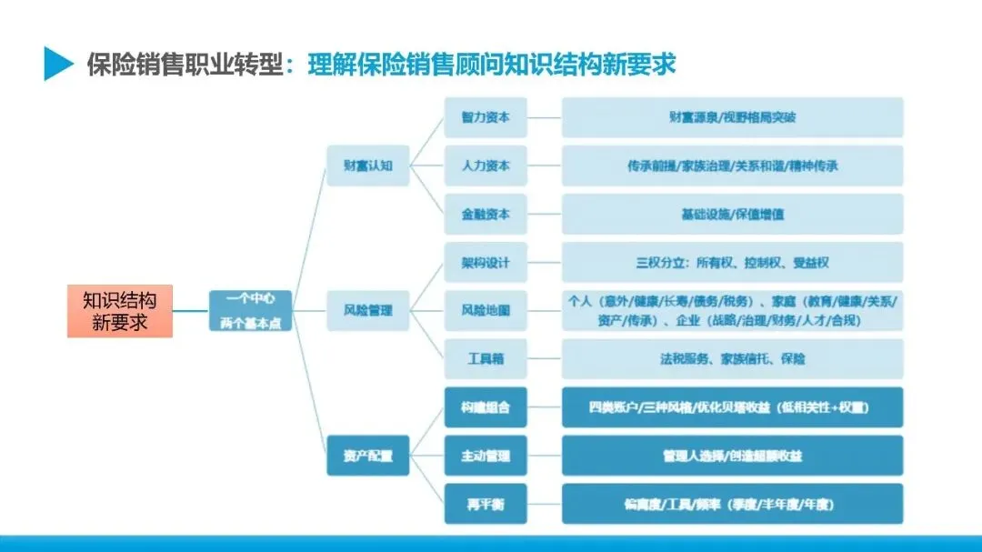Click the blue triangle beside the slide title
coord(58,64)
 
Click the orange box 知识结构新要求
coord(119,311)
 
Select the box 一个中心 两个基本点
coord(251,311)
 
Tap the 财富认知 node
coord(368,166)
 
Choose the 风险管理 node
coord(368,310)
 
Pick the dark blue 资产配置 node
coord(368,456)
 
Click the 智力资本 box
coord(486,117)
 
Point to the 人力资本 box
coord(486,166)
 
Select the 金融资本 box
coord(486,215)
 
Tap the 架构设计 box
coord(486,263)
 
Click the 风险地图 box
coord(486,310)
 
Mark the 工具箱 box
coord(486,359)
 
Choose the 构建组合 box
coord(486,407)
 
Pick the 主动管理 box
coord(486,456)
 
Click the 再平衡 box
coord(486,504)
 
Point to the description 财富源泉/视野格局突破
coord(732,117)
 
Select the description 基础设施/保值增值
coord(732,215)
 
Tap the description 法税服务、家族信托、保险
coord(732,359)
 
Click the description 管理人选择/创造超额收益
coord(732,456)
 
